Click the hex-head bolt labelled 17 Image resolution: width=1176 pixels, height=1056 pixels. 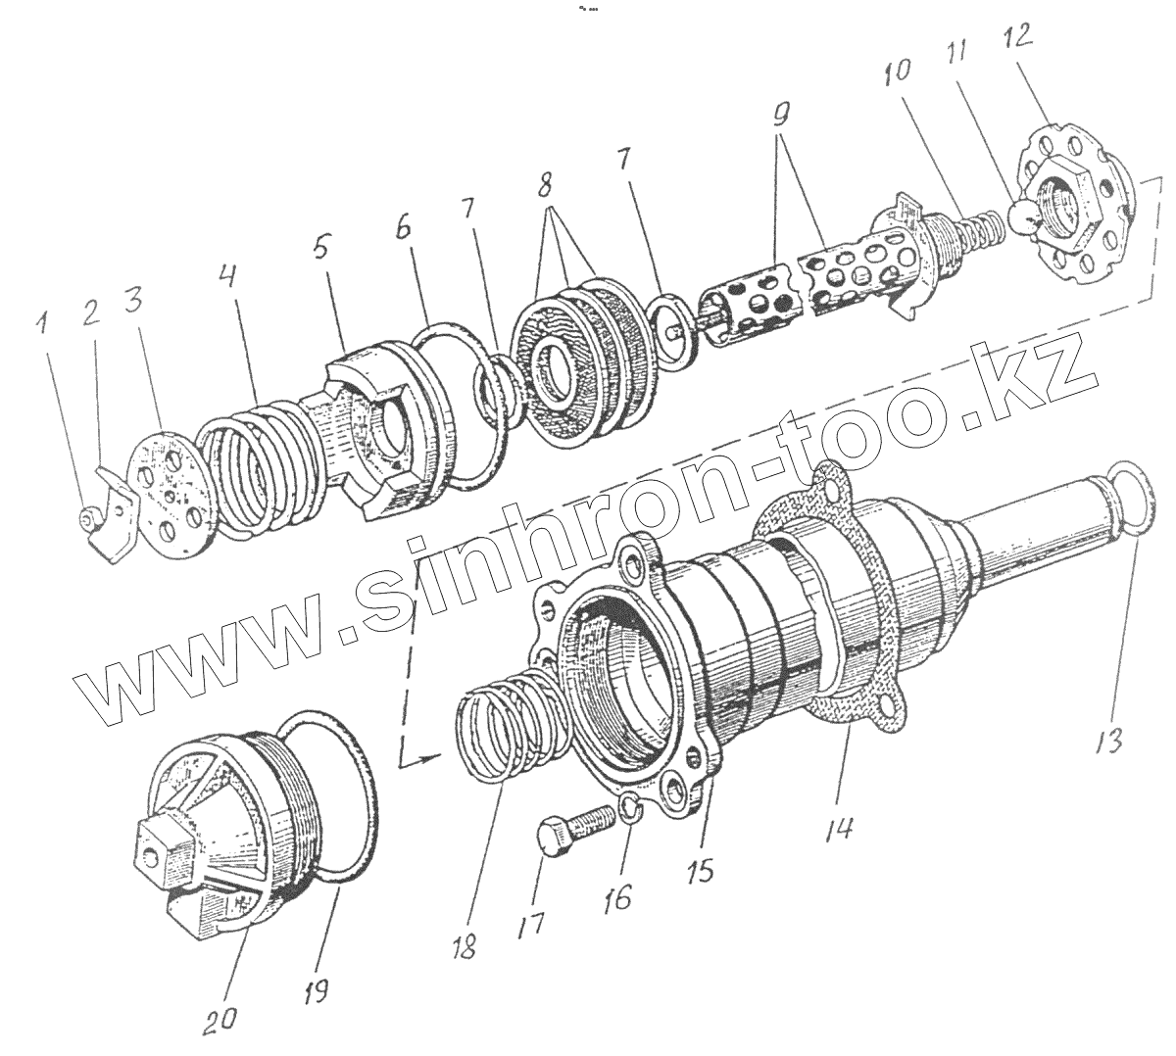click(x=565, y=823)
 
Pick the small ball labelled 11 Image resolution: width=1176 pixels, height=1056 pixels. click(x=1019, y=218)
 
